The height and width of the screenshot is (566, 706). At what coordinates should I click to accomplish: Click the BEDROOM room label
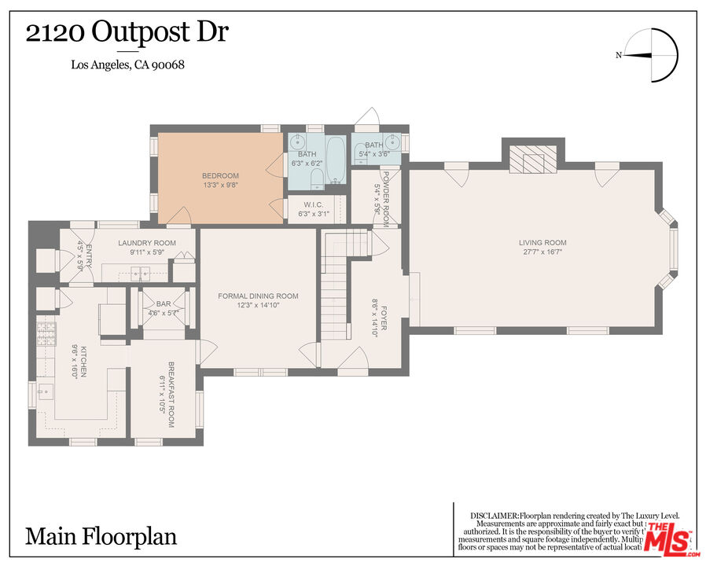[x=220, y=175]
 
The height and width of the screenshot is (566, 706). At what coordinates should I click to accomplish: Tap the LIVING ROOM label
[x=542, y=243]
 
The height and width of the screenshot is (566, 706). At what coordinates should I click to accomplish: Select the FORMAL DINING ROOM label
[x=258, y=296]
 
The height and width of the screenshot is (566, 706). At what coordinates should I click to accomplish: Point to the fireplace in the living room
[x=534, y=160]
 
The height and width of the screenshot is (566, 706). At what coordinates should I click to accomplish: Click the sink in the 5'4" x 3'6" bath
[x=393, y=143]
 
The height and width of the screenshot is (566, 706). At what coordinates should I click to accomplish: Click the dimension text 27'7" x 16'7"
[x=542, y=252]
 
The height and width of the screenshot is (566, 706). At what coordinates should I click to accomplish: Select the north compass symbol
[x=653, y=55]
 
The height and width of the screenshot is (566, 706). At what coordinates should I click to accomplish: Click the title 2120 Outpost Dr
[x=128, y=32]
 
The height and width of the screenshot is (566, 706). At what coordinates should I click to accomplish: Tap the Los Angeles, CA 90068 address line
[x=128, y=64]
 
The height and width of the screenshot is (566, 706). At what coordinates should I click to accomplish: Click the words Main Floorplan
[x=101, y=537]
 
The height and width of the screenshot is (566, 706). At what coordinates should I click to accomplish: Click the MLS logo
[x=667, y=538]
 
